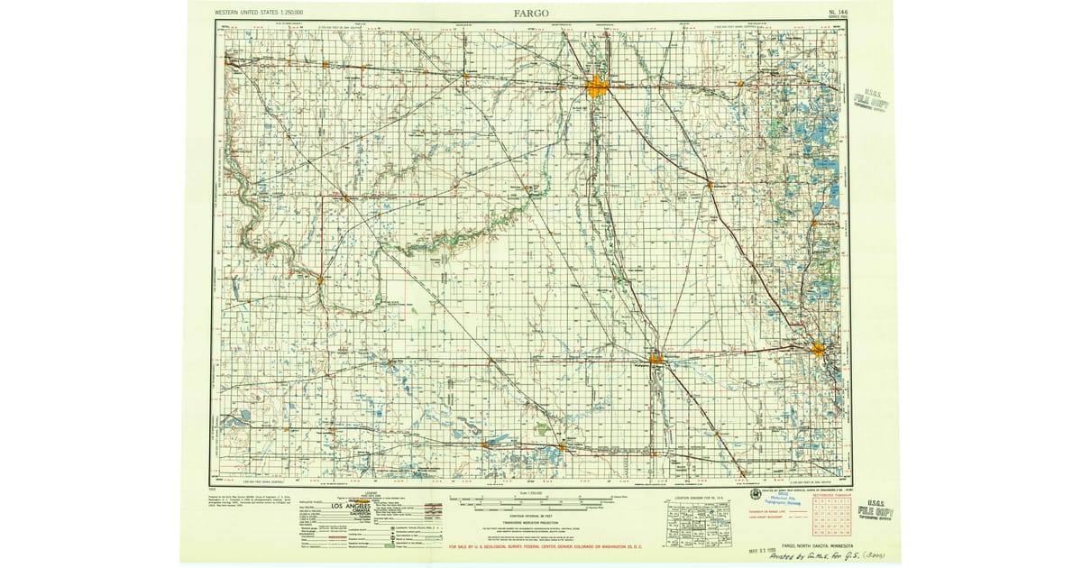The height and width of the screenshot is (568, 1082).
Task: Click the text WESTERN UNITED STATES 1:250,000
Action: tap(259, 12)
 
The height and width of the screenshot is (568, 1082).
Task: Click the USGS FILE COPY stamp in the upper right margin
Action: tap(872, 104)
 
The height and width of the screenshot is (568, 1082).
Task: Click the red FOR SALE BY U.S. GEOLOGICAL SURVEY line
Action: tap(597, 546)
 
